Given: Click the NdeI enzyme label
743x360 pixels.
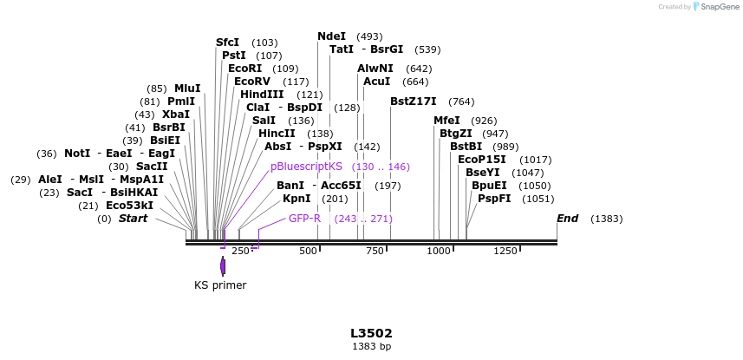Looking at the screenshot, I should [x=331, y=36].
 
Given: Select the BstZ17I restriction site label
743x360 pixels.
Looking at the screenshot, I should [x=413, y=101].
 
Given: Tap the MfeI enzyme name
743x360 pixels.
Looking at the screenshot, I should [x=447, y=121].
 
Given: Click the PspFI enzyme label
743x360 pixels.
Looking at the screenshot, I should [x=494, y=199].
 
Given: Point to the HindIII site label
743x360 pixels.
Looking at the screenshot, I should [x=262, y=95].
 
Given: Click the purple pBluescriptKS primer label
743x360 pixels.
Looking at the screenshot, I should [x=307, y=166].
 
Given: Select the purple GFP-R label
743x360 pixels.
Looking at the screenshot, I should [x=304, y=218].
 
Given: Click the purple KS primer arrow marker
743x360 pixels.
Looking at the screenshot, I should [x=223, y=266].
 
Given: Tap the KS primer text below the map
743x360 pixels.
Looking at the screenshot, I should [x=220, y=285].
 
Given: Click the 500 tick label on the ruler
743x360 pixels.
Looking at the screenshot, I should [x=308, y=251].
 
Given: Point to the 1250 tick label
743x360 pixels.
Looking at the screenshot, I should [x=505, y=251].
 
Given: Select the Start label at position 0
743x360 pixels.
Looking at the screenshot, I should [x=133, y=218].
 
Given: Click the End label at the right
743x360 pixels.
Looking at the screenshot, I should [x=568, y=218].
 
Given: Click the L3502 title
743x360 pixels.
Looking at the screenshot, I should [x=371, y=333].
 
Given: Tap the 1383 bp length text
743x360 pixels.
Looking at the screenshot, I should [x=371, y=346].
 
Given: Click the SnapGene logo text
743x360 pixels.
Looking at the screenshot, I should [x=719, y=7].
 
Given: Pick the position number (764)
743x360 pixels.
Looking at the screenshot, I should [x=461, y=101].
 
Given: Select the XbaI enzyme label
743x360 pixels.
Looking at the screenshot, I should [x=175, y=115].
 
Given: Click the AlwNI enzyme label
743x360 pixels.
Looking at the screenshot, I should [x=375, y=69].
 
